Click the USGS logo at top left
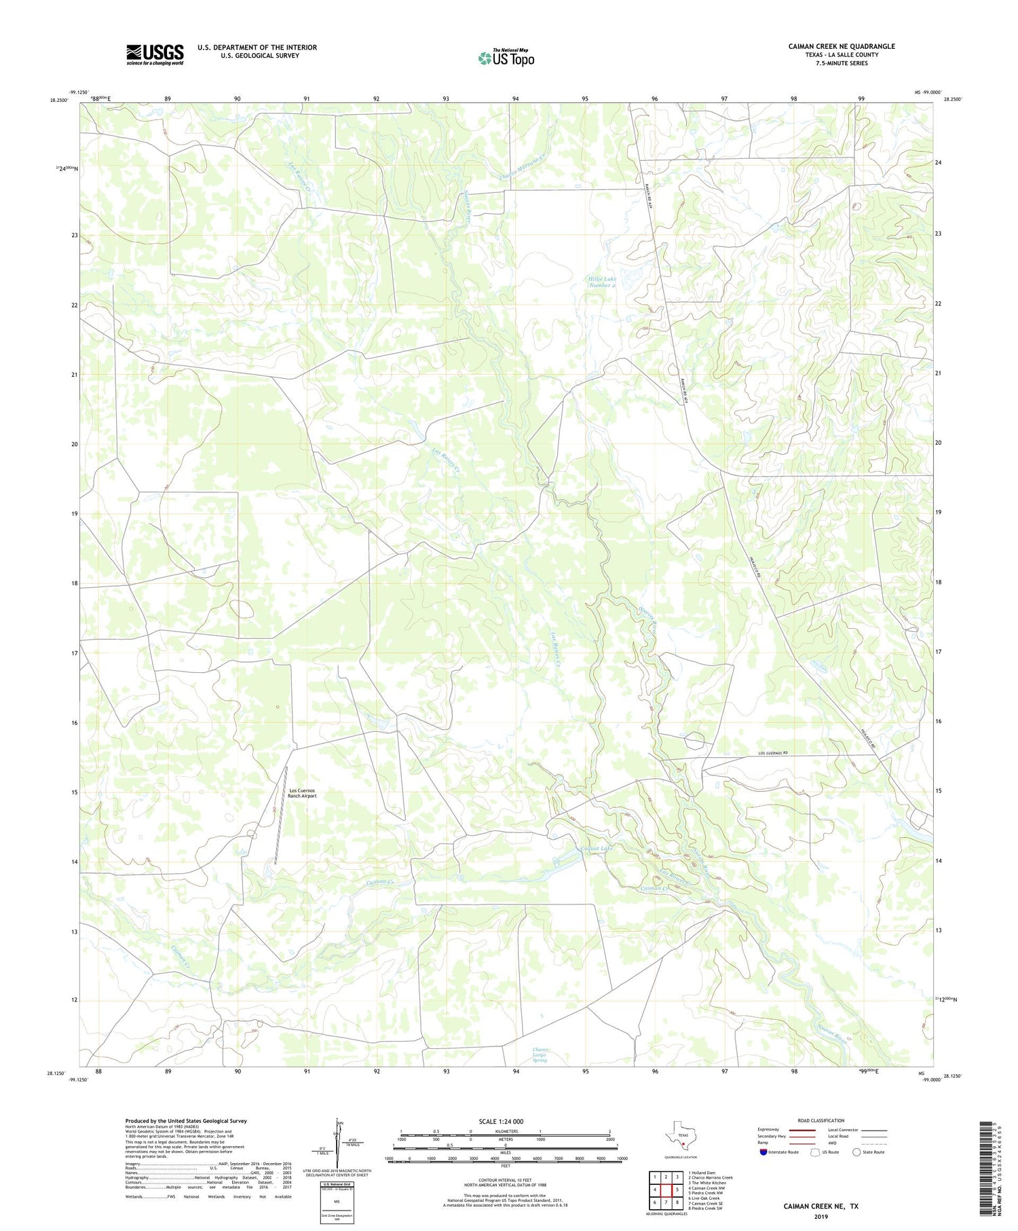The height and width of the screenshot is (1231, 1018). point(155,54)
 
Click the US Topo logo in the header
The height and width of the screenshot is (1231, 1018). point(506,58)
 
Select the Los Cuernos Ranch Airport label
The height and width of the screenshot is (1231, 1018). point(303,793)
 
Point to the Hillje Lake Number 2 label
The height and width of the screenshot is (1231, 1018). point(602,282)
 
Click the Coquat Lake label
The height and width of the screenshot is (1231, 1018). point(597,849)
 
